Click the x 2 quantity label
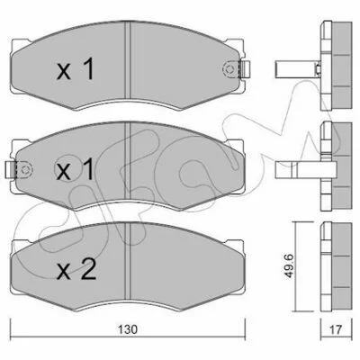(x=76, y=269)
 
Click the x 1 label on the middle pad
(x=76, y=169)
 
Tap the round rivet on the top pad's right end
(x=229, y=69)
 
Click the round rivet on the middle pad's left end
(x=25, y=170)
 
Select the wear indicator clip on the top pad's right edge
(x=245, y=69)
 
